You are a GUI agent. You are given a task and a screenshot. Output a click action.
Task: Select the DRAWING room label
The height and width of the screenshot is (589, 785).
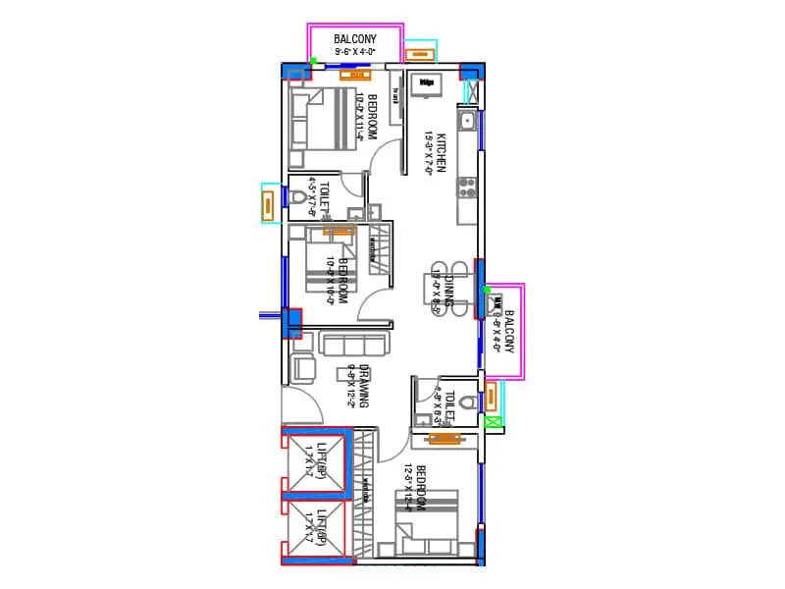click(363, 386)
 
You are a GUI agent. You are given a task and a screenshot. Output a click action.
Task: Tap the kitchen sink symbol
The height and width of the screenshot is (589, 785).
click(468, 122)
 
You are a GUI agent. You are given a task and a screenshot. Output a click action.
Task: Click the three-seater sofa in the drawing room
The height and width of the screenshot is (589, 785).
click(353, 344)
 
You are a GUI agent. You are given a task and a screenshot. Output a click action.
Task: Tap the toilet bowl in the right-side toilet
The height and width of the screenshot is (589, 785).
click(468, 402)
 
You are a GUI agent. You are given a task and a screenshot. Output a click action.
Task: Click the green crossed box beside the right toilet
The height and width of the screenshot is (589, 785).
click(494, 422)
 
